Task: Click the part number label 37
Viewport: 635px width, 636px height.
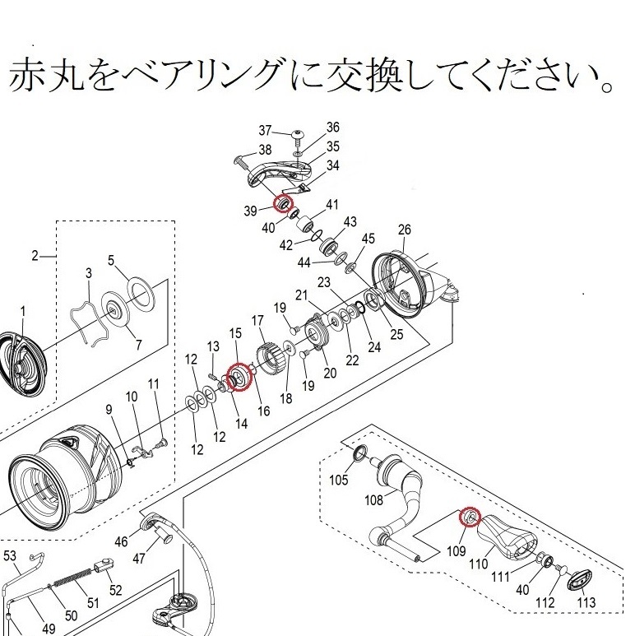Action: tap(264, 131)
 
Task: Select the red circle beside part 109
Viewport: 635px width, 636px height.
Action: tap(470, 518)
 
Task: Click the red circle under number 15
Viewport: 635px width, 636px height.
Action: tap(237, 378)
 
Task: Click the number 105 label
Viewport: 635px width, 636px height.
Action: tap(339, 480)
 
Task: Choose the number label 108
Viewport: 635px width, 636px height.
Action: tap(374, 499)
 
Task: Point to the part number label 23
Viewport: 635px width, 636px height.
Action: tap(324, 282)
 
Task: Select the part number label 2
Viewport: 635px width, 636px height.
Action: tap(35, 256)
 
